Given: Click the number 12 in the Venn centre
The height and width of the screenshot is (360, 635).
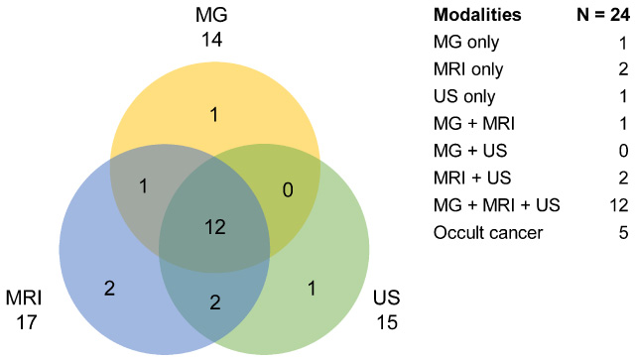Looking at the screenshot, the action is point(215,227).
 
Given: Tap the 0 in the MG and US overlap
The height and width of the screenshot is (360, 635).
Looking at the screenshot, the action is point(288,190).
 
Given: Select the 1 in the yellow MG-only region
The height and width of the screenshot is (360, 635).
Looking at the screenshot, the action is point(214,115).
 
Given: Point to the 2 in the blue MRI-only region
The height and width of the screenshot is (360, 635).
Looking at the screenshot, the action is point(109,289).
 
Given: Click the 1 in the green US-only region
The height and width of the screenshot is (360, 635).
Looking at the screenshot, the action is point(311,289).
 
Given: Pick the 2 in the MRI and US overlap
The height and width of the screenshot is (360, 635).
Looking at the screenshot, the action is point(215,302).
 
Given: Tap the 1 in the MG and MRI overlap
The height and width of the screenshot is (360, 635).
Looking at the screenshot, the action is point(143,186).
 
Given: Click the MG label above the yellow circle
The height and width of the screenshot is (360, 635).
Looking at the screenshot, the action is point(211,15).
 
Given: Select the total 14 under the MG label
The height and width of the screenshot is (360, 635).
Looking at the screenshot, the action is point(211,40).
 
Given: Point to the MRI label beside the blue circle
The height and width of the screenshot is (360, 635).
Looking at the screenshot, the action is point(24,299).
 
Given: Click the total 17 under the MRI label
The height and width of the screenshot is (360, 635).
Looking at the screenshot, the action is point(27,322).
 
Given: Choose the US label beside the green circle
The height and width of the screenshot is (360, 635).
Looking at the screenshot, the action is point(386,298).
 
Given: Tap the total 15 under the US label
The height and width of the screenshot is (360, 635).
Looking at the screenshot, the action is point(387,322).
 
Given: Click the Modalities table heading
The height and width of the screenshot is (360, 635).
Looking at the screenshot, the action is point(477,15).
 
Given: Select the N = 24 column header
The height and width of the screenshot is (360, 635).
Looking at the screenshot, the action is point(603,15).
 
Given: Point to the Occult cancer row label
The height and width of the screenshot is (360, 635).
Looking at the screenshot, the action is point(488,233).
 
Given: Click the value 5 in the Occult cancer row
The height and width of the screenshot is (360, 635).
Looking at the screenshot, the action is point(624,233).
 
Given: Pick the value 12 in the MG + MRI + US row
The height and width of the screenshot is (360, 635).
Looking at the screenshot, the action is point(619,205).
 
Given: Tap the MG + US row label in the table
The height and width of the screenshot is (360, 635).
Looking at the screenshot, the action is point(470,151).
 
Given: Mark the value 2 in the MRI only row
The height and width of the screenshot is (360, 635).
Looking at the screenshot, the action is point(624,69).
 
